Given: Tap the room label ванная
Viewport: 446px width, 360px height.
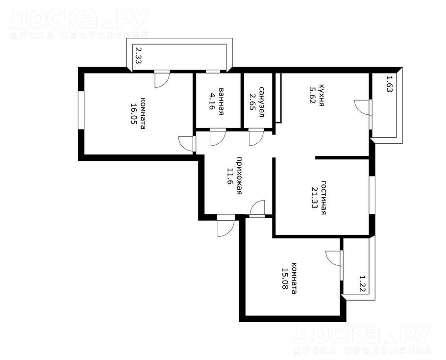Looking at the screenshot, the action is coord(221,102).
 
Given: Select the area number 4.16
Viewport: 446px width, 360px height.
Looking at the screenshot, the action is coord(211,102).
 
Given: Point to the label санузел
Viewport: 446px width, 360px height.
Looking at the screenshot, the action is coord(261,102).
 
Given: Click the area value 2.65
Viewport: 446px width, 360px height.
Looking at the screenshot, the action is coord(252,102).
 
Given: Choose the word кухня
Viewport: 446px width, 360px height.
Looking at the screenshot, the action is coord(322,95).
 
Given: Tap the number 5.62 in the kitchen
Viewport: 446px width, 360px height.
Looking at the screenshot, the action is coord(312,95).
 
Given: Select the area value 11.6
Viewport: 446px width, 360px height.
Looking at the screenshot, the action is coord(230,176).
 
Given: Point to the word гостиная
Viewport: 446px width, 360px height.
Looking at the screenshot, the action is coord(323,198).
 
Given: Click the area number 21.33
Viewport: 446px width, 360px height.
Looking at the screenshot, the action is coord(314,198).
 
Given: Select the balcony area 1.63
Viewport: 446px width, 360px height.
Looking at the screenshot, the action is coord(389,83).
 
